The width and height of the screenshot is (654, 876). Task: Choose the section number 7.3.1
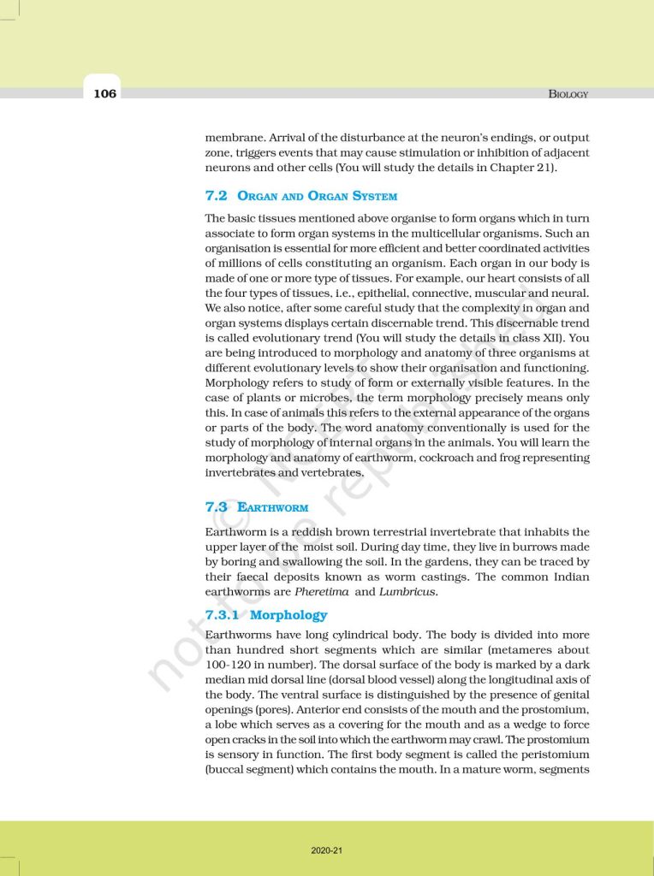click(x=223, y=615)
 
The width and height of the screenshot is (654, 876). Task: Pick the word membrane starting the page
click(x=235, y=137)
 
